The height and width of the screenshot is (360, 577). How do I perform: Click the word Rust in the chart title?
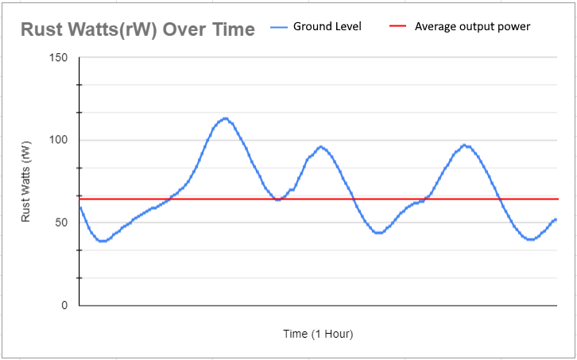(41, 29)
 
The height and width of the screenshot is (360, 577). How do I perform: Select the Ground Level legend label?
(327, 26)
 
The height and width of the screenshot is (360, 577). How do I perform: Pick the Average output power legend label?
(472, 26)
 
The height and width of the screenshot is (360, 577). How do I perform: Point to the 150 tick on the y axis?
(58, 58)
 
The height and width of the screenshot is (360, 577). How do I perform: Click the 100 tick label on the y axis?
(58, 141)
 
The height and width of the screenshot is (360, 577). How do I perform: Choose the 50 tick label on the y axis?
(60, 223)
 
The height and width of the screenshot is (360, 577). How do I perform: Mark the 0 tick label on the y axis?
(64, 305)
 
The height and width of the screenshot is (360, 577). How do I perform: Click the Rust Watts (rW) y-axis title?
(26, 182)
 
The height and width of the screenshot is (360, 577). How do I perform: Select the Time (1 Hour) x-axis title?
(318, 333)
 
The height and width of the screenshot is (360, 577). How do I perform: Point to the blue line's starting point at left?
(80, 207)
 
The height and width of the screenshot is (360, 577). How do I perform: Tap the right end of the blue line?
(556, 219)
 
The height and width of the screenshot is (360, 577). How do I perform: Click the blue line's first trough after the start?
(102, 241)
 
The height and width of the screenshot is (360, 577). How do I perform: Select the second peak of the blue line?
(320, 146)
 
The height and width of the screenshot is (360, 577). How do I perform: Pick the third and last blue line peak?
(466, 145)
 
